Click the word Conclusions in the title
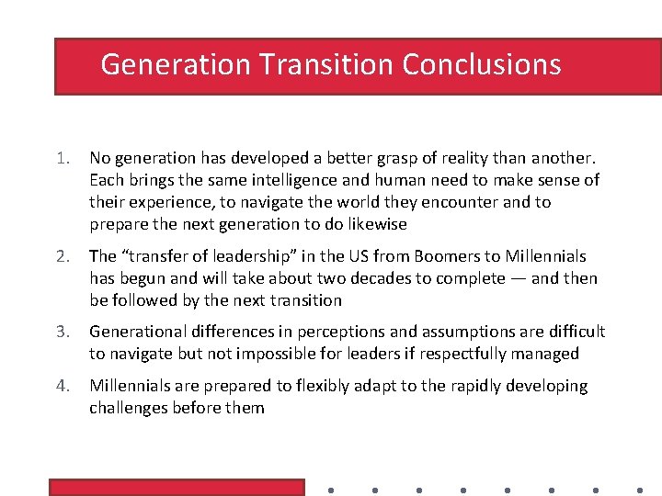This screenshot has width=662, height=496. click(x=481, y=64)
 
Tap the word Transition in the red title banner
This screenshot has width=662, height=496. click(x=326, y=64)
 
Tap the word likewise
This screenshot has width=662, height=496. click(x=373, y=224)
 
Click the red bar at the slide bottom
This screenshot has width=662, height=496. click(x=176, y=487)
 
